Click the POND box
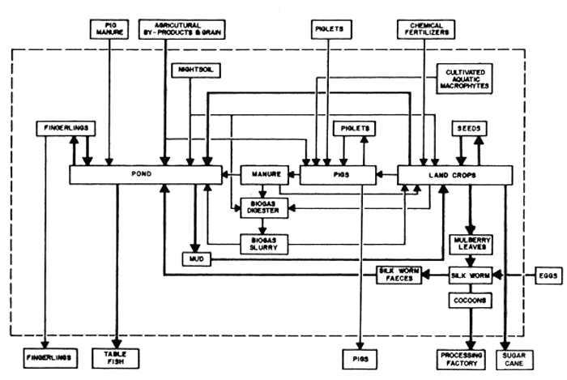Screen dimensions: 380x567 click(x=145, y=174)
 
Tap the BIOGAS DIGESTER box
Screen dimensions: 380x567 click(x=262, y=207)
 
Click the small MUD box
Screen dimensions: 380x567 click(x=194, y=259)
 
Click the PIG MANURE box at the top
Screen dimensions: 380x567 click(x=107, y=30)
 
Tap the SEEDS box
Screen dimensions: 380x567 click(x=469, y=129)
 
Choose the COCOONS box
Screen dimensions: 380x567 click(x=470, y=299)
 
